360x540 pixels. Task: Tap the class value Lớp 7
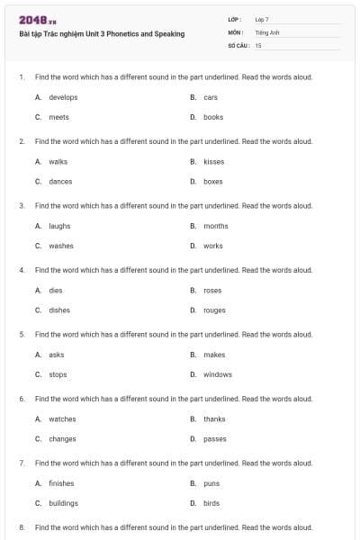click(262, 19)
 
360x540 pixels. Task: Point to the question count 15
click(258, 44)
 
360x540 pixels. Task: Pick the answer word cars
click(211, 97)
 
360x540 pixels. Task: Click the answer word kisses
click(213, 162)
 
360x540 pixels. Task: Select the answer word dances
click(60, 181)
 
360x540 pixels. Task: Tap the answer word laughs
click(59, 226)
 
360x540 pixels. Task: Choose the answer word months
click(215, 226)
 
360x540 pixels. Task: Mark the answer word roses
click(212, 291)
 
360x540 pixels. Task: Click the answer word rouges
click(214, 310)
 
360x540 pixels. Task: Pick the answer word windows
click(217, 374)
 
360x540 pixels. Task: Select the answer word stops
click(58, 374)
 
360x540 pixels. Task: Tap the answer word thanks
click(214, 418)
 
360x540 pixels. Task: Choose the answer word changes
click(62, 439)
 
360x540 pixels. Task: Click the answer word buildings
click(63, 503)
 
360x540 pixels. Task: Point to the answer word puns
click(211, 483)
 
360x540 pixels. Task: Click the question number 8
click(21, 526)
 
